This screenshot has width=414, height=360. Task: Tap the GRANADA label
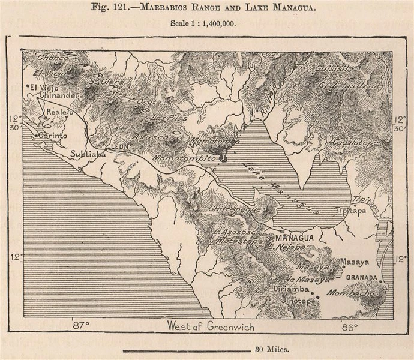tap(362, 278)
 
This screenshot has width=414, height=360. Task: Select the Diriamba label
tap(291, 289)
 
